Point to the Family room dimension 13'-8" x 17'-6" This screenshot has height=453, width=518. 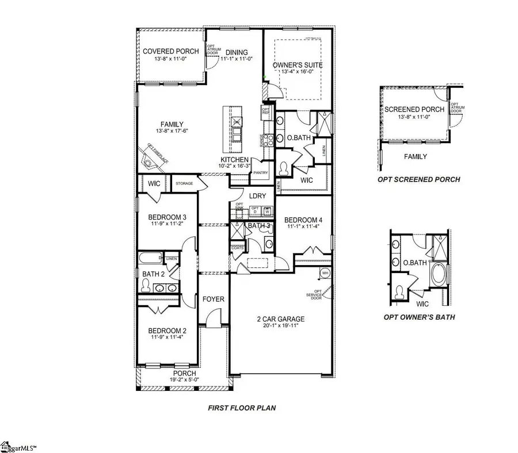[x=172, y=131]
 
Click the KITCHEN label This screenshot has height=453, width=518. [x=234, y=159]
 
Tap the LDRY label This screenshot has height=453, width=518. [x=257, y=196]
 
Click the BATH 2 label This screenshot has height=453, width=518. [x=154, y=274]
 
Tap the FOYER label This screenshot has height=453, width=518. [x=213, y=299]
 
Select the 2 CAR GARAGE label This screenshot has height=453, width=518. [x=280, y=319]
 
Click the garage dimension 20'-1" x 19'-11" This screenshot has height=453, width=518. [x=280, y=327]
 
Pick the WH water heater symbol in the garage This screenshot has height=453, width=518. [x=325, y=272]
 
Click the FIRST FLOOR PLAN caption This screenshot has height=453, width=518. [x=242, y=408]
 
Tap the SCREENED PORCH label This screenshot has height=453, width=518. [x=414, y=109]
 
